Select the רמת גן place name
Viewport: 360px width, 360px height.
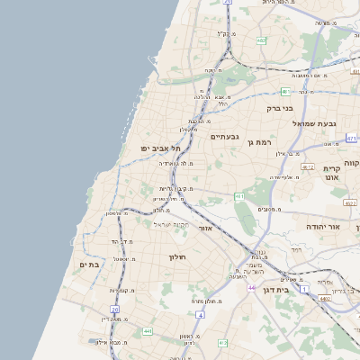(264, 142)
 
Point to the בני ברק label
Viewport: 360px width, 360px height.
(279, 108)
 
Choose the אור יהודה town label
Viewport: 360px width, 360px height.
(322, 227)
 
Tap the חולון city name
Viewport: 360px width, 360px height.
(176, 257)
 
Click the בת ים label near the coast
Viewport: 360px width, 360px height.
(88, 265)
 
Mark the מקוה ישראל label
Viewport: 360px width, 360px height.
(169, 224)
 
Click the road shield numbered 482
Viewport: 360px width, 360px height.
(261, 40)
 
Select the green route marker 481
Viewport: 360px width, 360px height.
(285, 92)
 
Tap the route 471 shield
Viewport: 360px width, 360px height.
(351, 139)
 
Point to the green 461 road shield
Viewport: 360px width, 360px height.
(238, 195)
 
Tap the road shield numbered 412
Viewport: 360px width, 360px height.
(222, 343)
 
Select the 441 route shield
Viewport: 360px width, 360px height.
(146, 331)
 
